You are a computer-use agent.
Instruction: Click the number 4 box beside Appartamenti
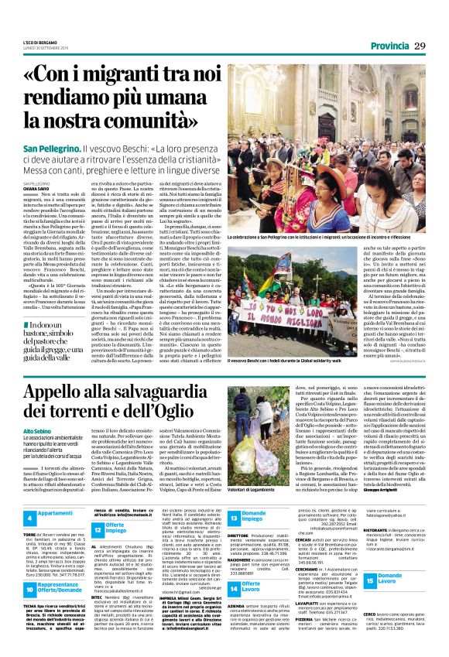[28, 516]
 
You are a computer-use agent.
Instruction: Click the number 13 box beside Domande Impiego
[234, 516]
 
